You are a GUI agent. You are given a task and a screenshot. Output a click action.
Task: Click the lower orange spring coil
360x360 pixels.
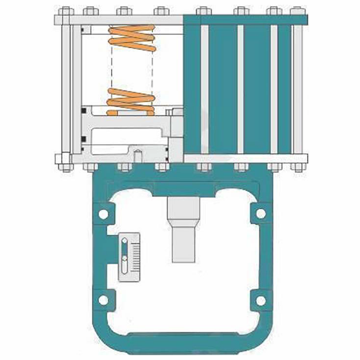(x=131, y=101)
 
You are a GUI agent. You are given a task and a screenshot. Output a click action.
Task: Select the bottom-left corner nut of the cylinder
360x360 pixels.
(x=62, y=159)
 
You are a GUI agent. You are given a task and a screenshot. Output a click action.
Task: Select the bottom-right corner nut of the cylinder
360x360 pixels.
(x=298, y=159)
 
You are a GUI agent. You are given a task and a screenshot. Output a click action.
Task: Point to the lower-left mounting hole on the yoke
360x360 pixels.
(x=102, y=300)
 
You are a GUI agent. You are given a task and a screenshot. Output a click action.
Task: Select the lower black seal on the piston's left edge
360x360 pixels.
(x=84, y=140)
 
